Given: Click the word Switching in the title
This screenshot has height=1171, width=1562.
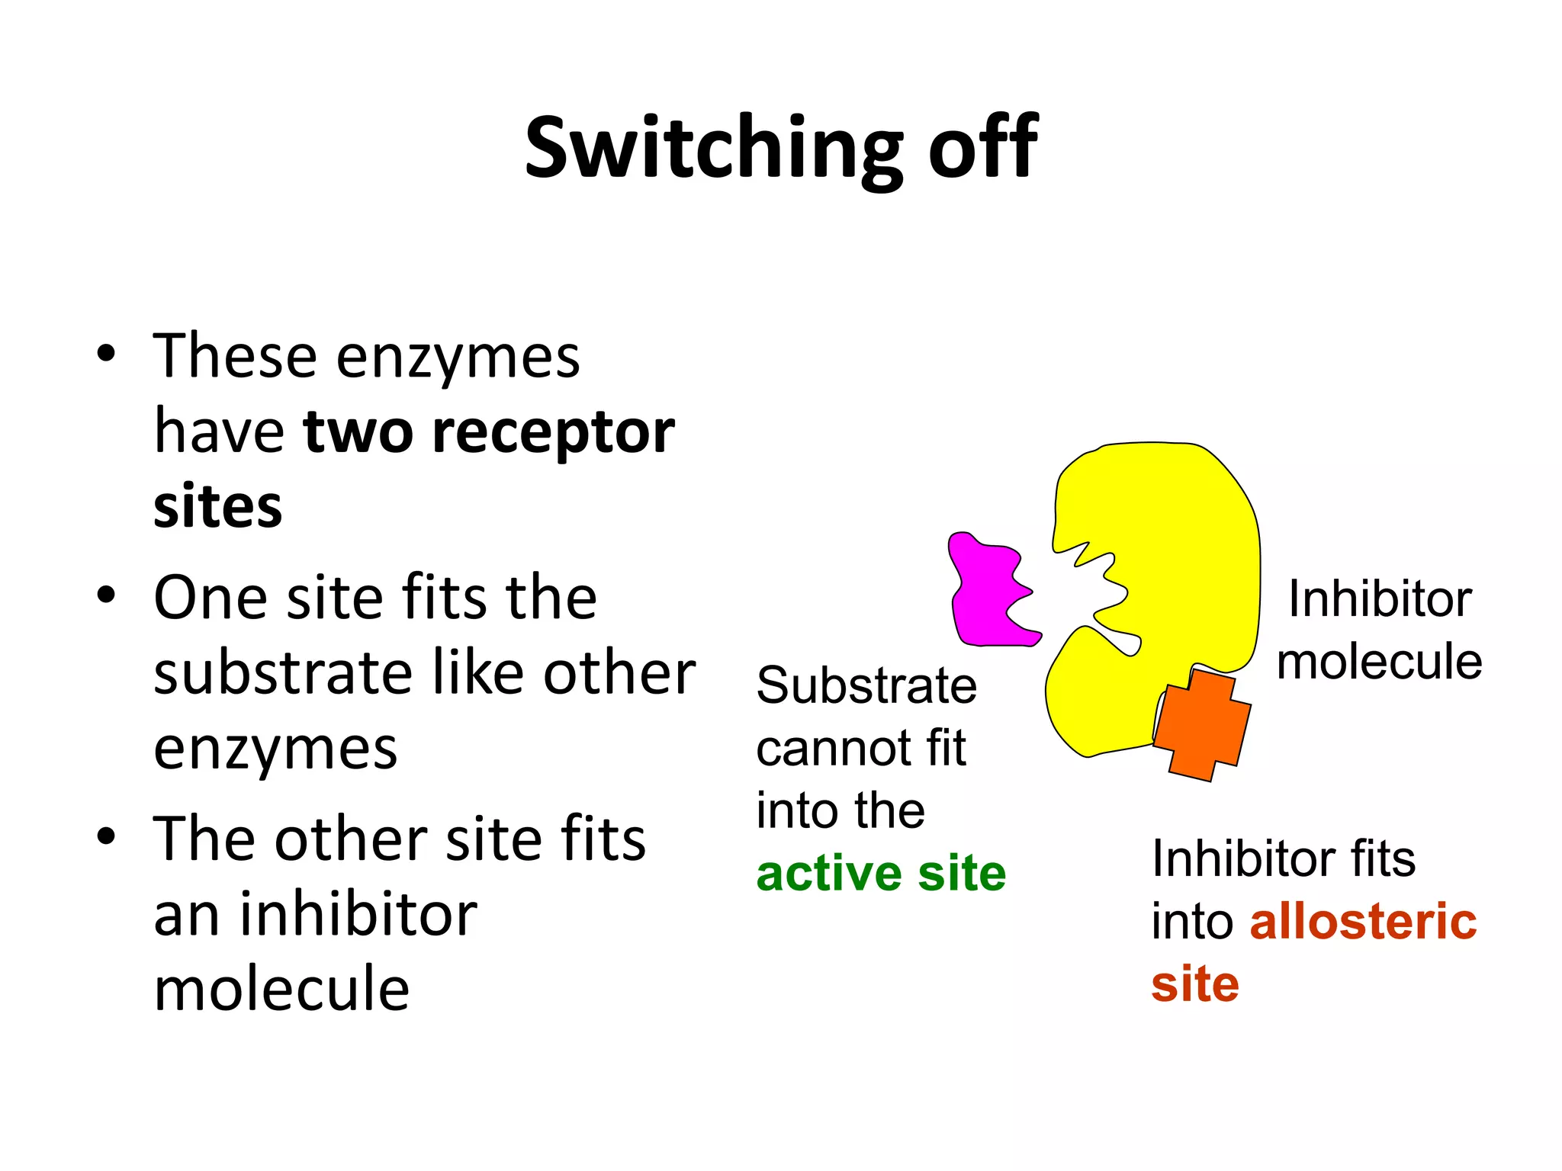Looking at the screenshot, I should pyautogui.click(x=713, y=148).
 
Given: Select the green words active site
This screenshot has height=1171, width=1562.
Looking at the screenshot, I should pyautogui.click(x=881, y=874).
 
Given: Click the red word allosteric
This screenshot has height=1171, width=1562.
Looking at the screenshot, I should pyautogui.click(x=1363, y=921).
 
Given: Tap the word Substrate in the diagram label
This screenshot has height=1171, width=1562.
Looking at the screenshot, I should pyautogui.click(x=866, y=685).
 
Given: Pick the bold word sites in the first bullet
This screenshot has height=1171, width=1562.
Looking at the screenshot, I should pyautogui.click(x=217, y=507).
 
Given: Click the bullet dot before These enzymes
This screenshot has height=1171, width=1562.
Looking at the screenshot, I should pyautogui.click(x=106, y=354).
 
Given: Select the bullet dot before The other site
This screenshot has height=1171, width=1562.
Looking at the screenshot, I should pyautogui.click(x=106, y=836).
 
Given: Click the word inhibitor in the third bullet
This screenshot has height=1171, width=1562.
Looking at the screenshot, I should pyautogui.click(x=358, y=914).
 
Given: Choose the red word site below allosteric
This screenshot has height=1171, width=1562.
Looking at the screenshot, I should pyautogui.click(x=1194, y=984).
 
